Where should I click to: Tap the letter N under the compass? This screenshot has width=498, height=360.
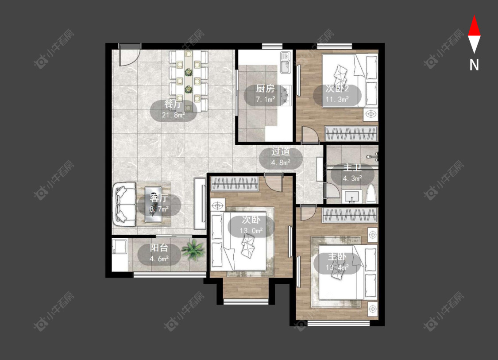474,65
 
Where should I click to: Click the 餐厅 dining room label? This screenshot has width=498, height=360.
174,104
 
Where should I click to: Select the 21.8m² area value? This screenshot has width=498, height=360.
174,115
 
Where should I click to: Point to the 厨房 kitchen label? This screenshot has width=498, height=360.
265,89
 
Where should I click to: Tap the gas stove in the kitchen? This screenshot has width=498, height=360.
287,95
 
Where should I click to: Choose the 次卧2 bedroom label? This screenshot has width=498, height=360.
337,88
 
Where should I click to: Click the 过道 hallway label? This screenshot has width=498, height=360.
281,151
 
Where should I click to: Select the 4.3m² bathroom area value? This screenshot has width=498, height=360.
352,178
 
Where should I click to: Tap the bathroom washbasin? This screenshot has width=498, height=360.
351,197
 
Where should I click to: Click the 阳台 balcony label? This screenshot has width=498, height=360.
159,248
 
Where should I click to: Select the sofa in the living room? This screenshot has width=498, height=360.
124,204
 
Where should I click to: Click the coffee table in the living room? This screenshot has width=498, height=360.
154,204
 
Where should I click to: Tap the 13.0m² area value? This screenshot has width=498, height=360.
251,230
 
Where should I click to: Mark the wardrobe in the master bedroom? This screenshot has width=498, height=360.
350,215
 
